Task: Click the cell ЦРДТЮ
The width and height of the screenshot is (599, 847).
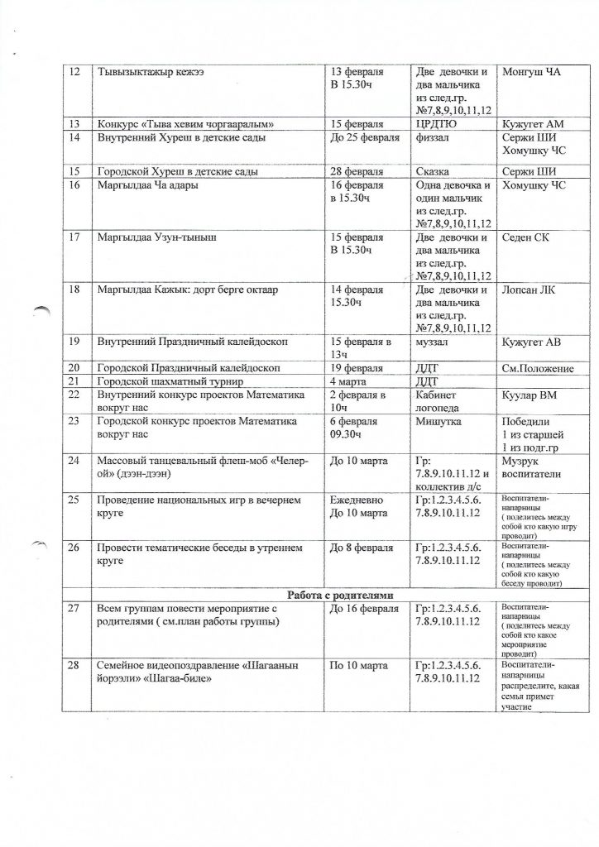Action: pyautogui.click(x=438, y=123)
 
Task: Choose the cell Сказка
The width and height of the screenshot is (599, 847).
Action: pyautogui.click(x=437, y=171)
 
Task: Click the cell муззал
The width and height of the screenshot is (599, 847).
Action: pyautogui.click(x=434, y=342)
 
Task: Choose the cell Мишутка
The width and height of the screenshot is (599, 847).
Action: pyautogui.click(x=440, y=420)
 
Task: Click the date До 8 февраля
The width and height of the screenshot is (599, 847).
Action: pyautogui.click(x=363, y=547)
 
